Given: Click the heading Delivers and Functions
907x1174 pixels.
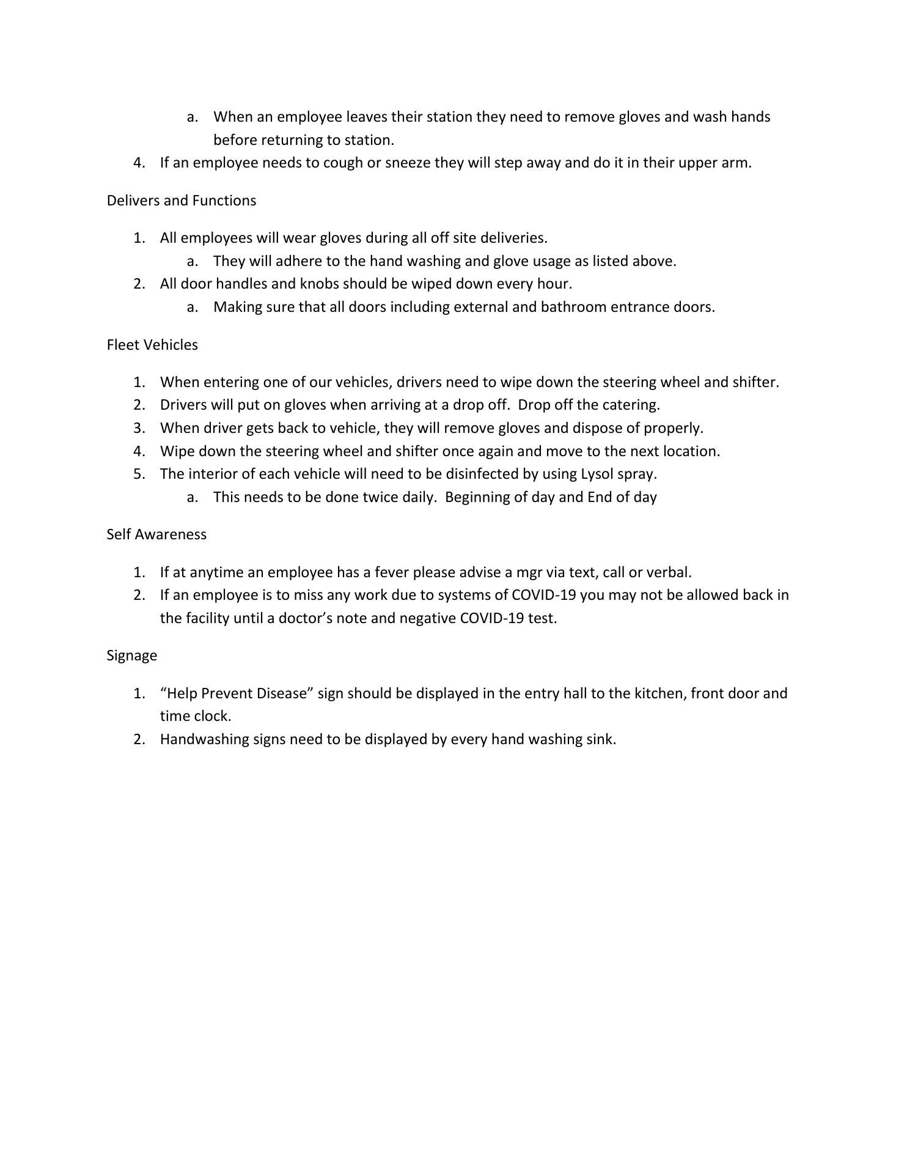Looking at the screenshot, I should click(x=181, y=201).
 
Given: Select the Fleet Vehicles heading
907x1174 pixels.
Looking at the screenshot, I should click(x=152, y=345).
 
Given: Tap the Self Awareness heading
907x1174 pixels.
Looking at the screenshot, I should click(x=156, y=534).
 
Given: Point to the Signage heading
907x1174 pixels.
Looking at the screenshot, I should click(x=131, y=655).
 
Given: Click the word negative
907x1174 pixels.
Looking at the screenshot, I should click(x=427, y=618).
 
